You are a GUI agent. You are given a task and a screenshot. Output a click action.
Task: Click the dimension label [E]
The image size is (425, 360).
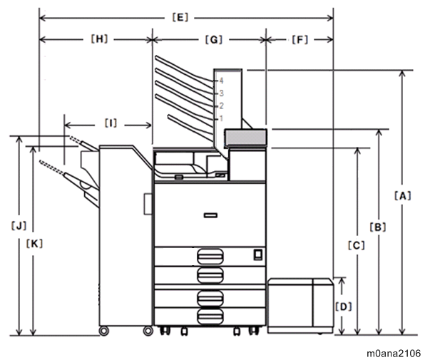(180, 18)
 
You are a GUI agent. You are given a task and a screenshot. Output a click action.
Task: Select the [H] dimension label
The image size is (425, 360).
(99, 39)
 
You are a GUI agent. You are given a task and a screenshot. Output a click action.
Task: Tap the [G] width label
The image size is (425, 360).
(214, 40)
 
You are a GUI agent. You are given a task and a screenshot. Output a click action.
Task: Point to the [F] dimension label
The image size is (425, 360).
(300, 40)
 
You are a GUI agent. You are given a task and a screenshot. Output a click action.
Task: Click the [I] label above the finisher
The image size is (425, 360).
(111, 123)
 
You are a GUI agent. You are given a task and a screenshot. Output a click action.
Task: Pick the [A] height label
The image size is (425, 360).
(403, 195)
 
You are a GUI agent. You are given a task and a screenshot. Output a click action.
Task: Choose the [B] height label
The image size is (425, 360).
(378, 227)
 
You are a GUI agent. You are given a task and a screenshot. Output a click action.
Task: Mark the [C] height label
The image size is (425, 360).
(357, 245)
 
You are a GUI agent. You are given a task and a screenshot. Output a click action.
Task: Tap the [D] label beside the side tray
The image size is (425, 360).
(344, 307)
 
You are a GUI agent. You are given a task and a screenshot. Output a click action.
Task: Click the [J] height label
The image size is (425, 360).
(19, 225)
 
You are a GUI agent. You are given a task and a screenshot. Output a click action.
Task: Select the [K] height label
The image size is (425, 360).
(34, 244)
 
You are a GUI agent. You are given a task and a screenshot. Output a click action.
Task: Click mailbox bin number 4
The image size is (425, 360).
(221, 81)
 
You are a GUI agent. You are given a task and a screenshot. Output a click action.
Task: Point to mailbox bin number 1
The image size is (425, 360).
(221, 118)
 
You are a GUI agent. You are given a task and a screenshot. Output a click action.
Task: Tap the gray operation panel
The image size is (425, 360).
(245, 137)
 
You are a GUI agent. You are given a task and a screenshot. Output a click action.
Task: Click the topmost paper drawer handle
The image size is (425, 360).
(210, 257)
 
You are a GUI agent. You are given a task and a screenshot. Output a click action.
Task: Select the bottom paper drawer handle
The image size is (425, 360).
(210, 317)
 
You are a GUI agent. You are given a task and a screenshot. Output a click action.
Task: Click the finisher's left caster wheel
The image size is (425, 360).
(104, 331)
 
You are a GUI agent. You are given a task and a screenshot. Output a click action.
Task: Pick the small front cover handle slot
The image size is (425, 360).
(210, 215)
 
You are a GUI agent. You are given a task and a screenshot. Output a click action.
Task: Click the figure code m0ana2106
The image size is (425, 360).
(394, 354)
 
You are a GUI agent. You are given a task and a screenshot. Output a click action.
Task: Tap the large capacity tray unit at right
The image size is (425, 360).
(300, 306)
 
